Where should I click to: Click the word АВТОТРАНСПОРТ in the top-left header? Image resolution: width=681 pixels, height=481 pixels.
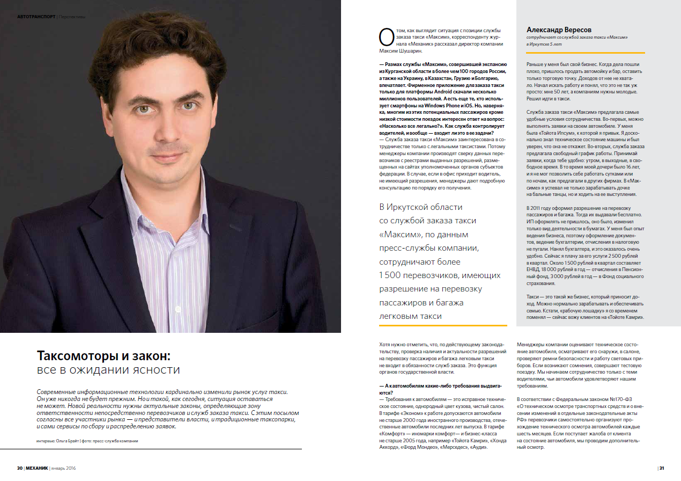36,17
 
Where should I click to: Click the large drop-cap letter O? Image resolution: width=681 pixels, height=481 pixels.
387,38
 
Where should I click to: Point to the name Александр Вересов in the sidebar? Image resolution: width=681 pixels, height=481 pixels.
559,30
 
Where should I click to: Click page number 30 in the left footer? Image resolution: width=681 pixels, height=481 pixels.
19,468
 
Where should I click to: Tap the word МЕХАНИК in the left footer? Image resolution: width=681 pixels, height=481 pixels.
36,468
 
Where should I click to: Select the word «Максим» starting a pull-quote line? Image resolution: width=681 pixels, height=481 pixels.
400,235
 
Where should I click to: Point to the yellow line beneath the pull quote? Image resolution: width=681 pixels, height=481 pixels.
442,325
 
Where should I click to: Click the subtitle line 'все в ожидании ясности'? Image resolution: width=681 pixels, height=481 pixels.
108,370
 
